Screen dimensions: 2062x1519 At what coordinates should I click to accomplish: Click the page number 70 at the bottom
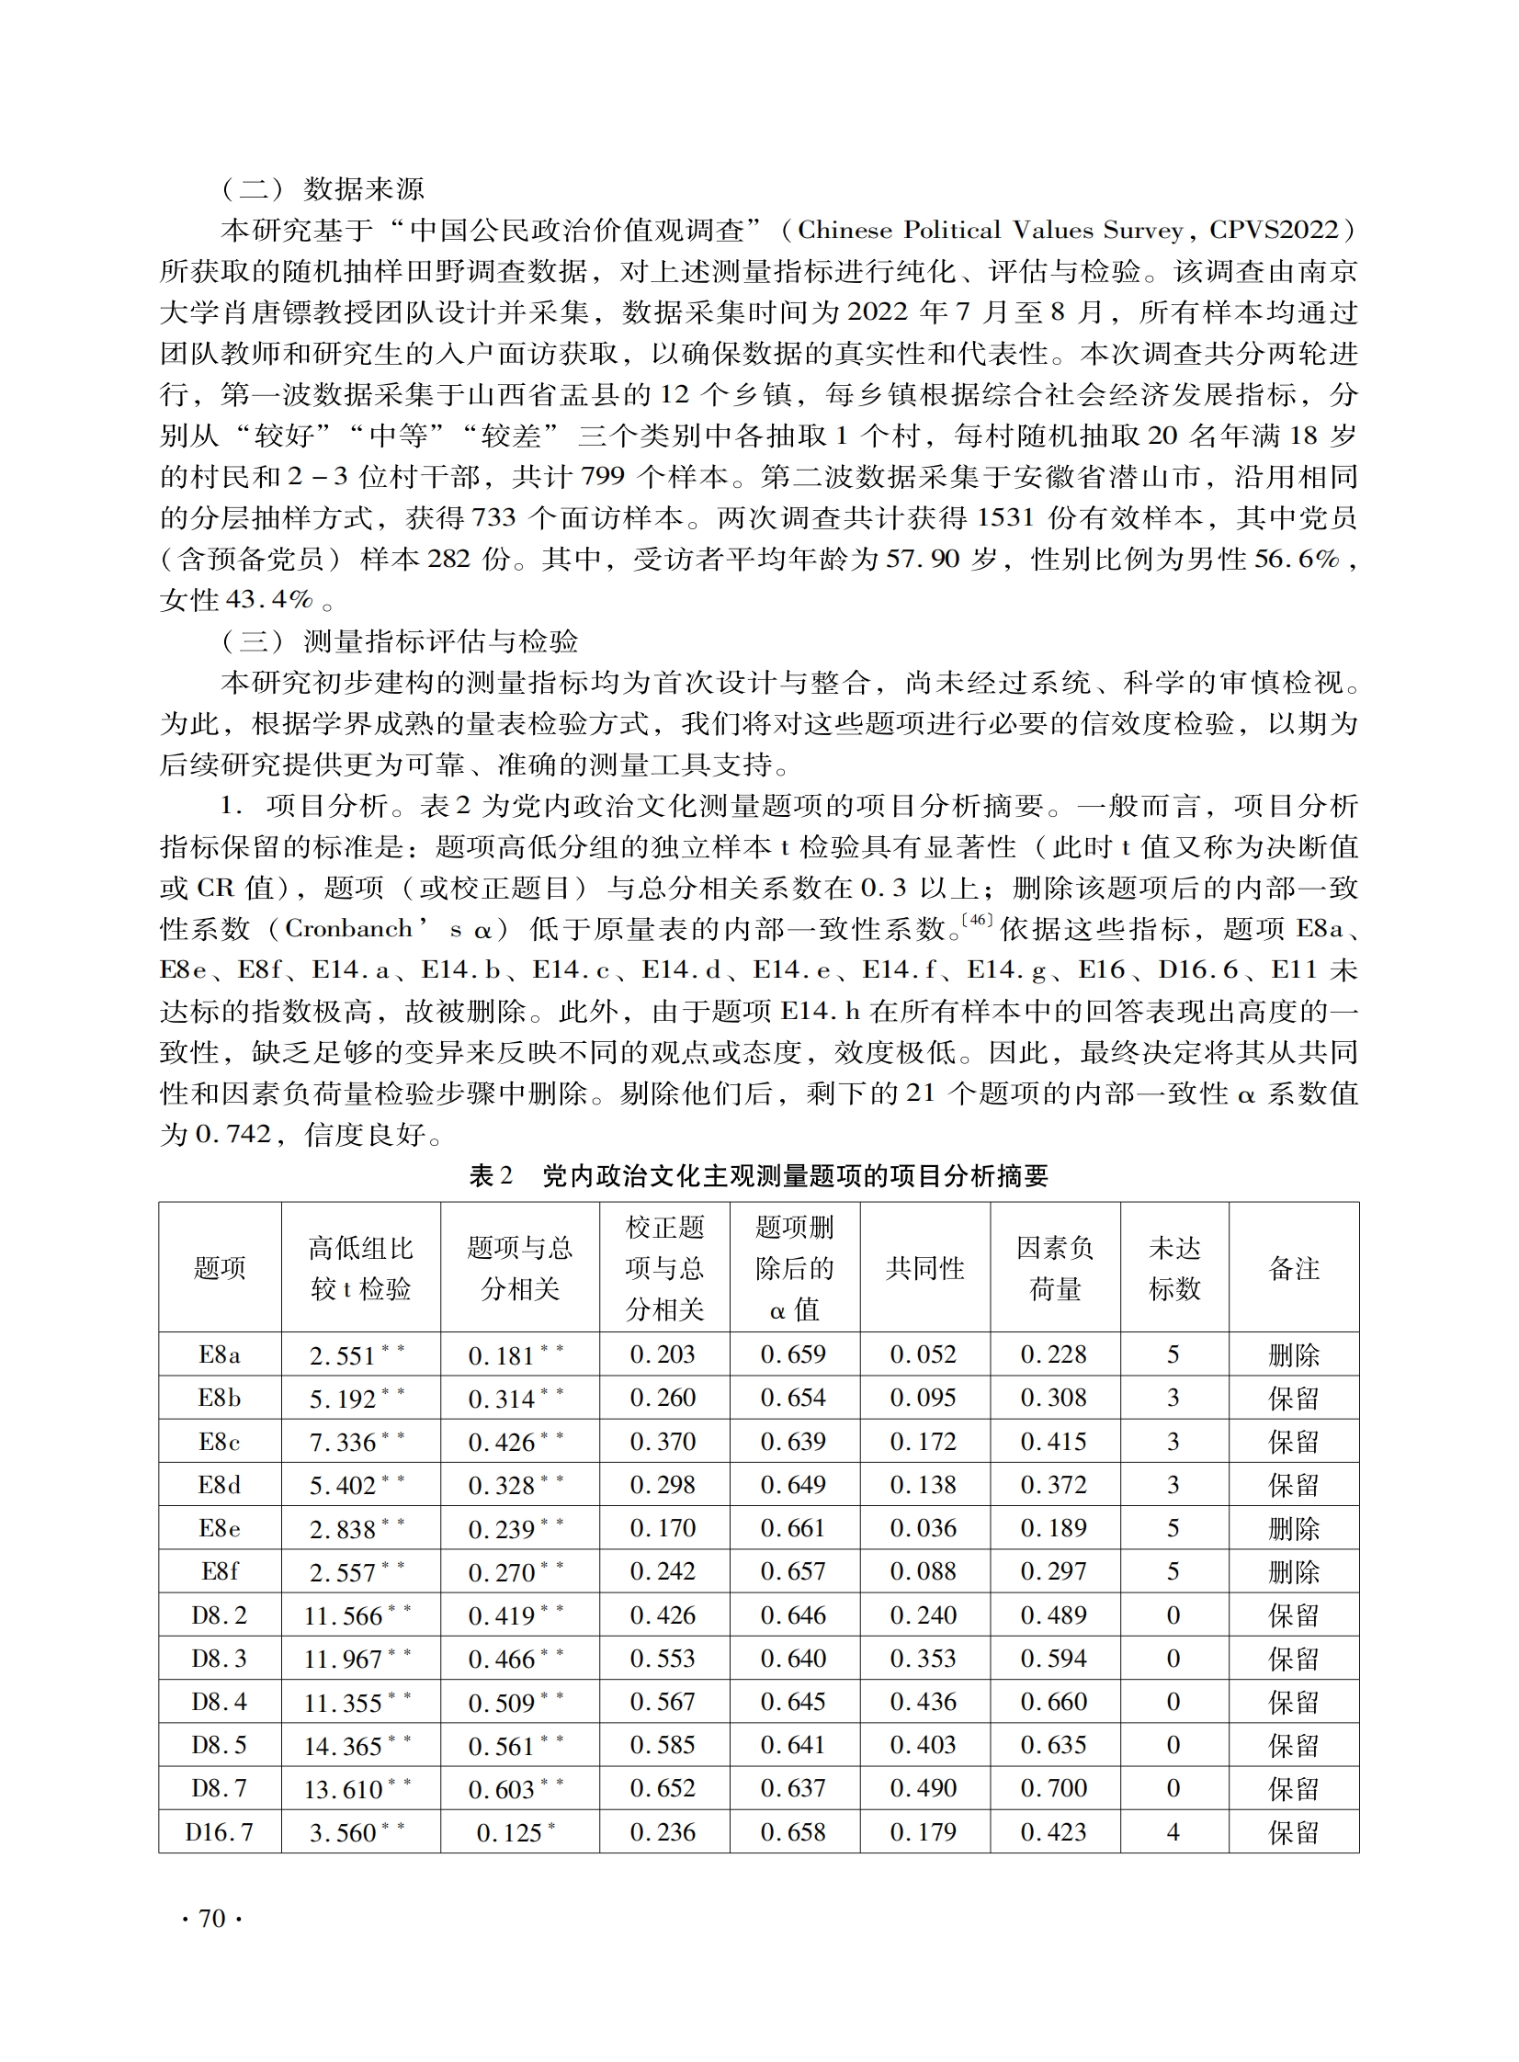coord(211,1919)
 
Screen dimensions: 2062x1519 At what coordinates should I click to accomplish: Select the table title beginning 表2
coord(758,1176)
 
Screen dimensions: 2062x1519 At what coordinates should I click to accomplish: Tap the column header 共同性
coord(924,1268)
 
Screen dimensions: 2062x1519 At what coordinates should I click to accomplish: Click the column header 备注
coord(1294,1268)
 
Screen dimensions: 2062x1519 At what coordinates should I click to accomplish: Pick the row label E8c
coord(220,1442)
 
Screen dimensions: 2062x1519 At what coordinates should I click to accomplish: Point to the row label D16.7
coord(220,1832)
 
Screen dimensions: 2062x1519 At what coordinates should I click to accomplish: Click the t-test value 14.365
coord(344,1746)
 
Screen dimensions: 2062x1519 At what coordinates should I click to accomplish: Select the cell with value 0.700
coord(1054,1788)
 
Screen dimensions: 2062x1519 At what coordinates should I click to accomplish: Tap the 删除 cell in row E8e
coord(1294,1529)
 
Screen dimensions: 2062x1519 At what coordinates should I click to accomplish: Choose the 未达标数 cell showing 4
coord(1173,1832)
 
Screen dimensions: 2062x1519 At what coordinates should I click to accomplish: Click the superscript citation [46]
coord(977,920)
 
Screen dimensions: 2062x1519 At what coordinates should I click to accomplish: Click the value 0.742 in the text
coord(233,1135)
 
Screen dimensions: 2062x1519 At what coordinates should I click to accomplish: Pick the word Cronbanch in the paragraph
coord(348,929)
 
